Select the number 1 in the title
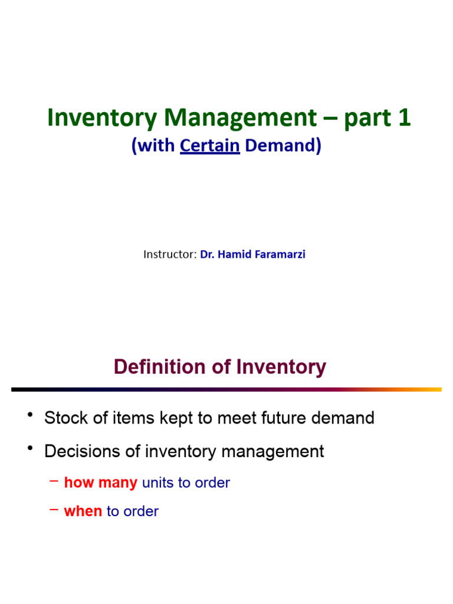pyautogui.click(x=404, y=118)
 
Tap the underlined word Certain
pyautogui.click(x=210, y=146)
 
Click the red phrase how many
pyautogui.click(x=100, y=483)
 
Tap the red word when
pyautogui.click(x=83, y=511)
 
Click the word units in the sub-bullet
pyautogui.click(x=157, y=483)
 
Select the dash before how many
pyautogui.click(x=54, y=481)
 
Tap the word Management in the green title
pyautogui.click(x=241, y=118)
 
